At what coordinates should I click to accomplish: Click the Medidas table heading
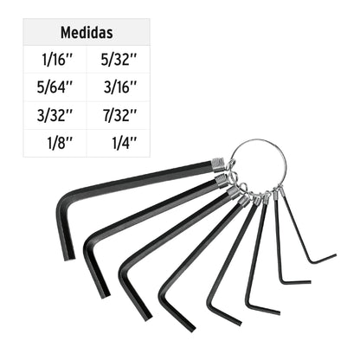[x=87, y=33]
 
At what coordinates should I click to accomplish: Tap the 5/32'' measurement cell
[x=119, y=60]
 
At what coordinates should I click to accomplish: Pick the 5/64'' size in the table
[x=55, y=87]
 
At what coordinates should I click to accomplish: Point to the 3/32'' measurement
[x=55, y=115]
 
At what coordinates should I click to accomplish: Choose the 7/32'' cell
[x=119, y=115]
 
